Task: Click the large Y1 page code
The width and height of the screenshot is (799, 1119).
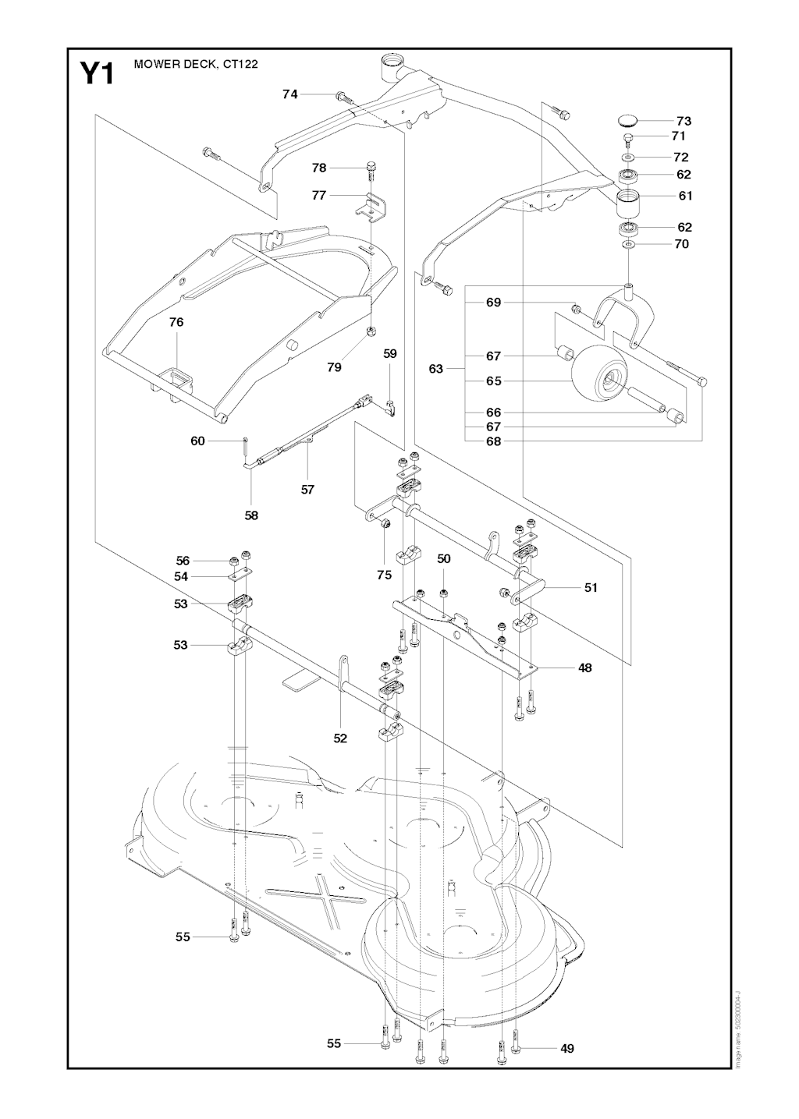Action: (x=97, y=74)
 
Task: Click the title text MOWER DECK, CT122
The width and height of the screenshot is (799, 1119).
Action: (x=196, y=64)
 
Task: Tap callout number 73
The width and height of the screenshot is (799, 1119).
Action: (x=684, y=121)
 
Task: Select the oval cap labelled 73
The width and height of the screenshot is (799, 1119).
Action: (x=627, y=120)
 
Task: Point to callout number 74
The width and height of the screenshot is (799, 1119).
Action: (x=290, y=94)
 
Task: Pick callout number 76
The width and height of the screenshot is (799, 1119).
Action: (x=176, y=322)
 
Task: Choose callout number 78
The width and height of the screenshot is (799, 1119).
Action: (x=318, y=168)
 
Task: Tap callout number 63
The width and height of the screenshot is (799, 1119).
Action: (x=436, y=368)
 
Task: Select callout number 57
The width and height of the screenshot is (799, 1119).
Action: (x=307, y=490)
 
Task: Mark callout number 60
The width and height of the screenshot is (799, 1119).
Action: (x=197, y=441)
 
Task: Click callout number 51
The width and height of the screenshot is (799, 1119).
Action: (x=591, y=587)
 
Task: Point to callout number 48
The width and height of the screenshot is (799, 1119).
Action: (x=584, y=668)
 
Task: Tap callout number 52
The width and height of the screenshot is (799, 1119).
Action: (x=340, y=738)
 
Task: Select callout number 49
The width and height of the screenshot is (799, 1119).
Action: (x=567, y=1048)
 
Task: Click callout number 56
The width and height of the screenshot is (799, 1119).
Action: (x=183, y=561)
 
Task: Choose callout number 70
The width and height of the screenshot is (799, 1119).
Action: (x=681, y=244)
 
